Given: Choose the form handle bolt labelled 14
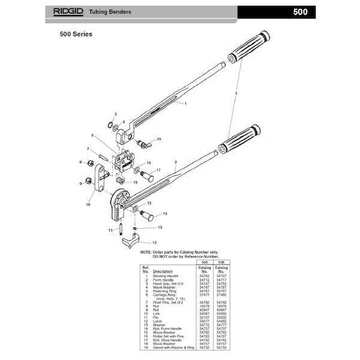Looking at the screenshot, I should tap(147, 212).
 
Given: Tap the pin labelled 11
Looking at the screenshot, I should tap(121, 229).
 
